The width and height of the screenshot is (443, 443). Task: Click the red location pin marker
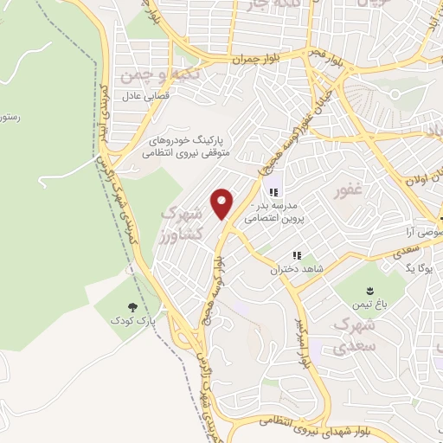point(222,203)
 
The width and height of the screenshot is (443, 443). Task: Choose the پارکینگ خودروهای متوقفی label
point(184,144)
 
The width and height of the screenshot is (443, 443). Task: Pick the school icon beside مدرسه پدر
point(273,192)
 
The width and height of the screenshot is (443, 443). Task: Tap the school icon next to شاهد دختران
point(297,256)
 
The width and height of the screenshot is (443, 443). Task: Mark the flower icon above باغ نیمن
point(371,287)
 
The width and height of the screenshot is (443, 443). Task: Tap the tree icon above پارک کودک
point(132,307)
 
